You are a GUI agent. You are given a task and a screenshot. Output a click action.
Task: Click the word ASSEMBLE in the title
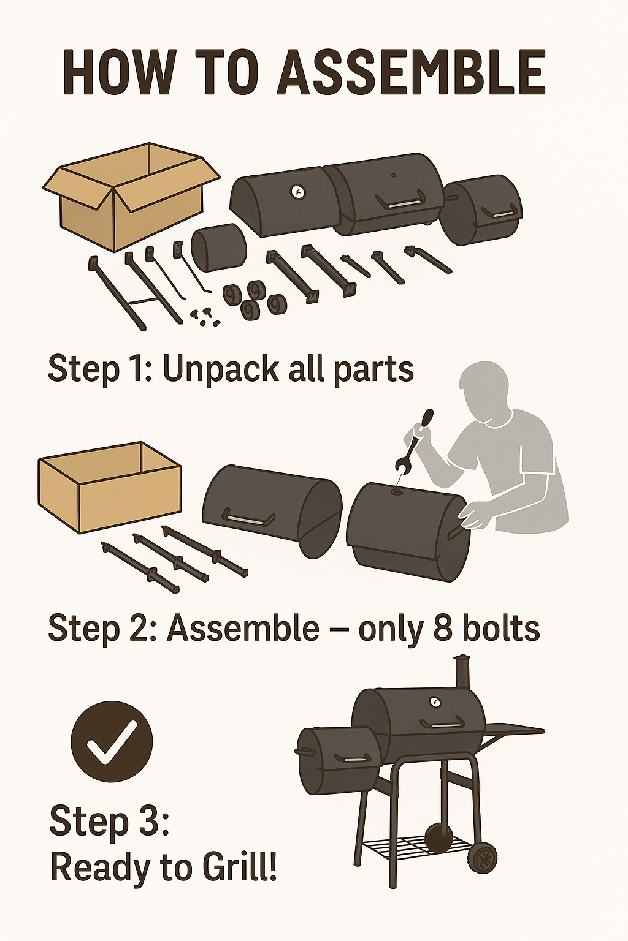[x=411, y=73]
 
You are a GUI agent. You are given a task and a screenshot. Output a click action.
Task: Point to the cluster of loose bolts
[x=204, y=316]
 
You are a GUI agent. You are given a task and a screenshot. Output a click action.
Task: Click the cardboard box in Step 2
[x=109, y=488]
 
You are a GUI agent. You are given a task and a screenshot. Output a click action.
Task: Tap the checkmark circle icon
[x=112, y=741]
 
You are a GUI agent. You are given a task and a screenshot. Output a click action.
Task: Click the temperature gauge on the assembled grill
[x=434, y=701]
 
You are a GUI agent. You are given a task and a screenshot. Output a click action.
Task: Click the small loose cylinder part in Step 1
[x=219, y=248]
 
